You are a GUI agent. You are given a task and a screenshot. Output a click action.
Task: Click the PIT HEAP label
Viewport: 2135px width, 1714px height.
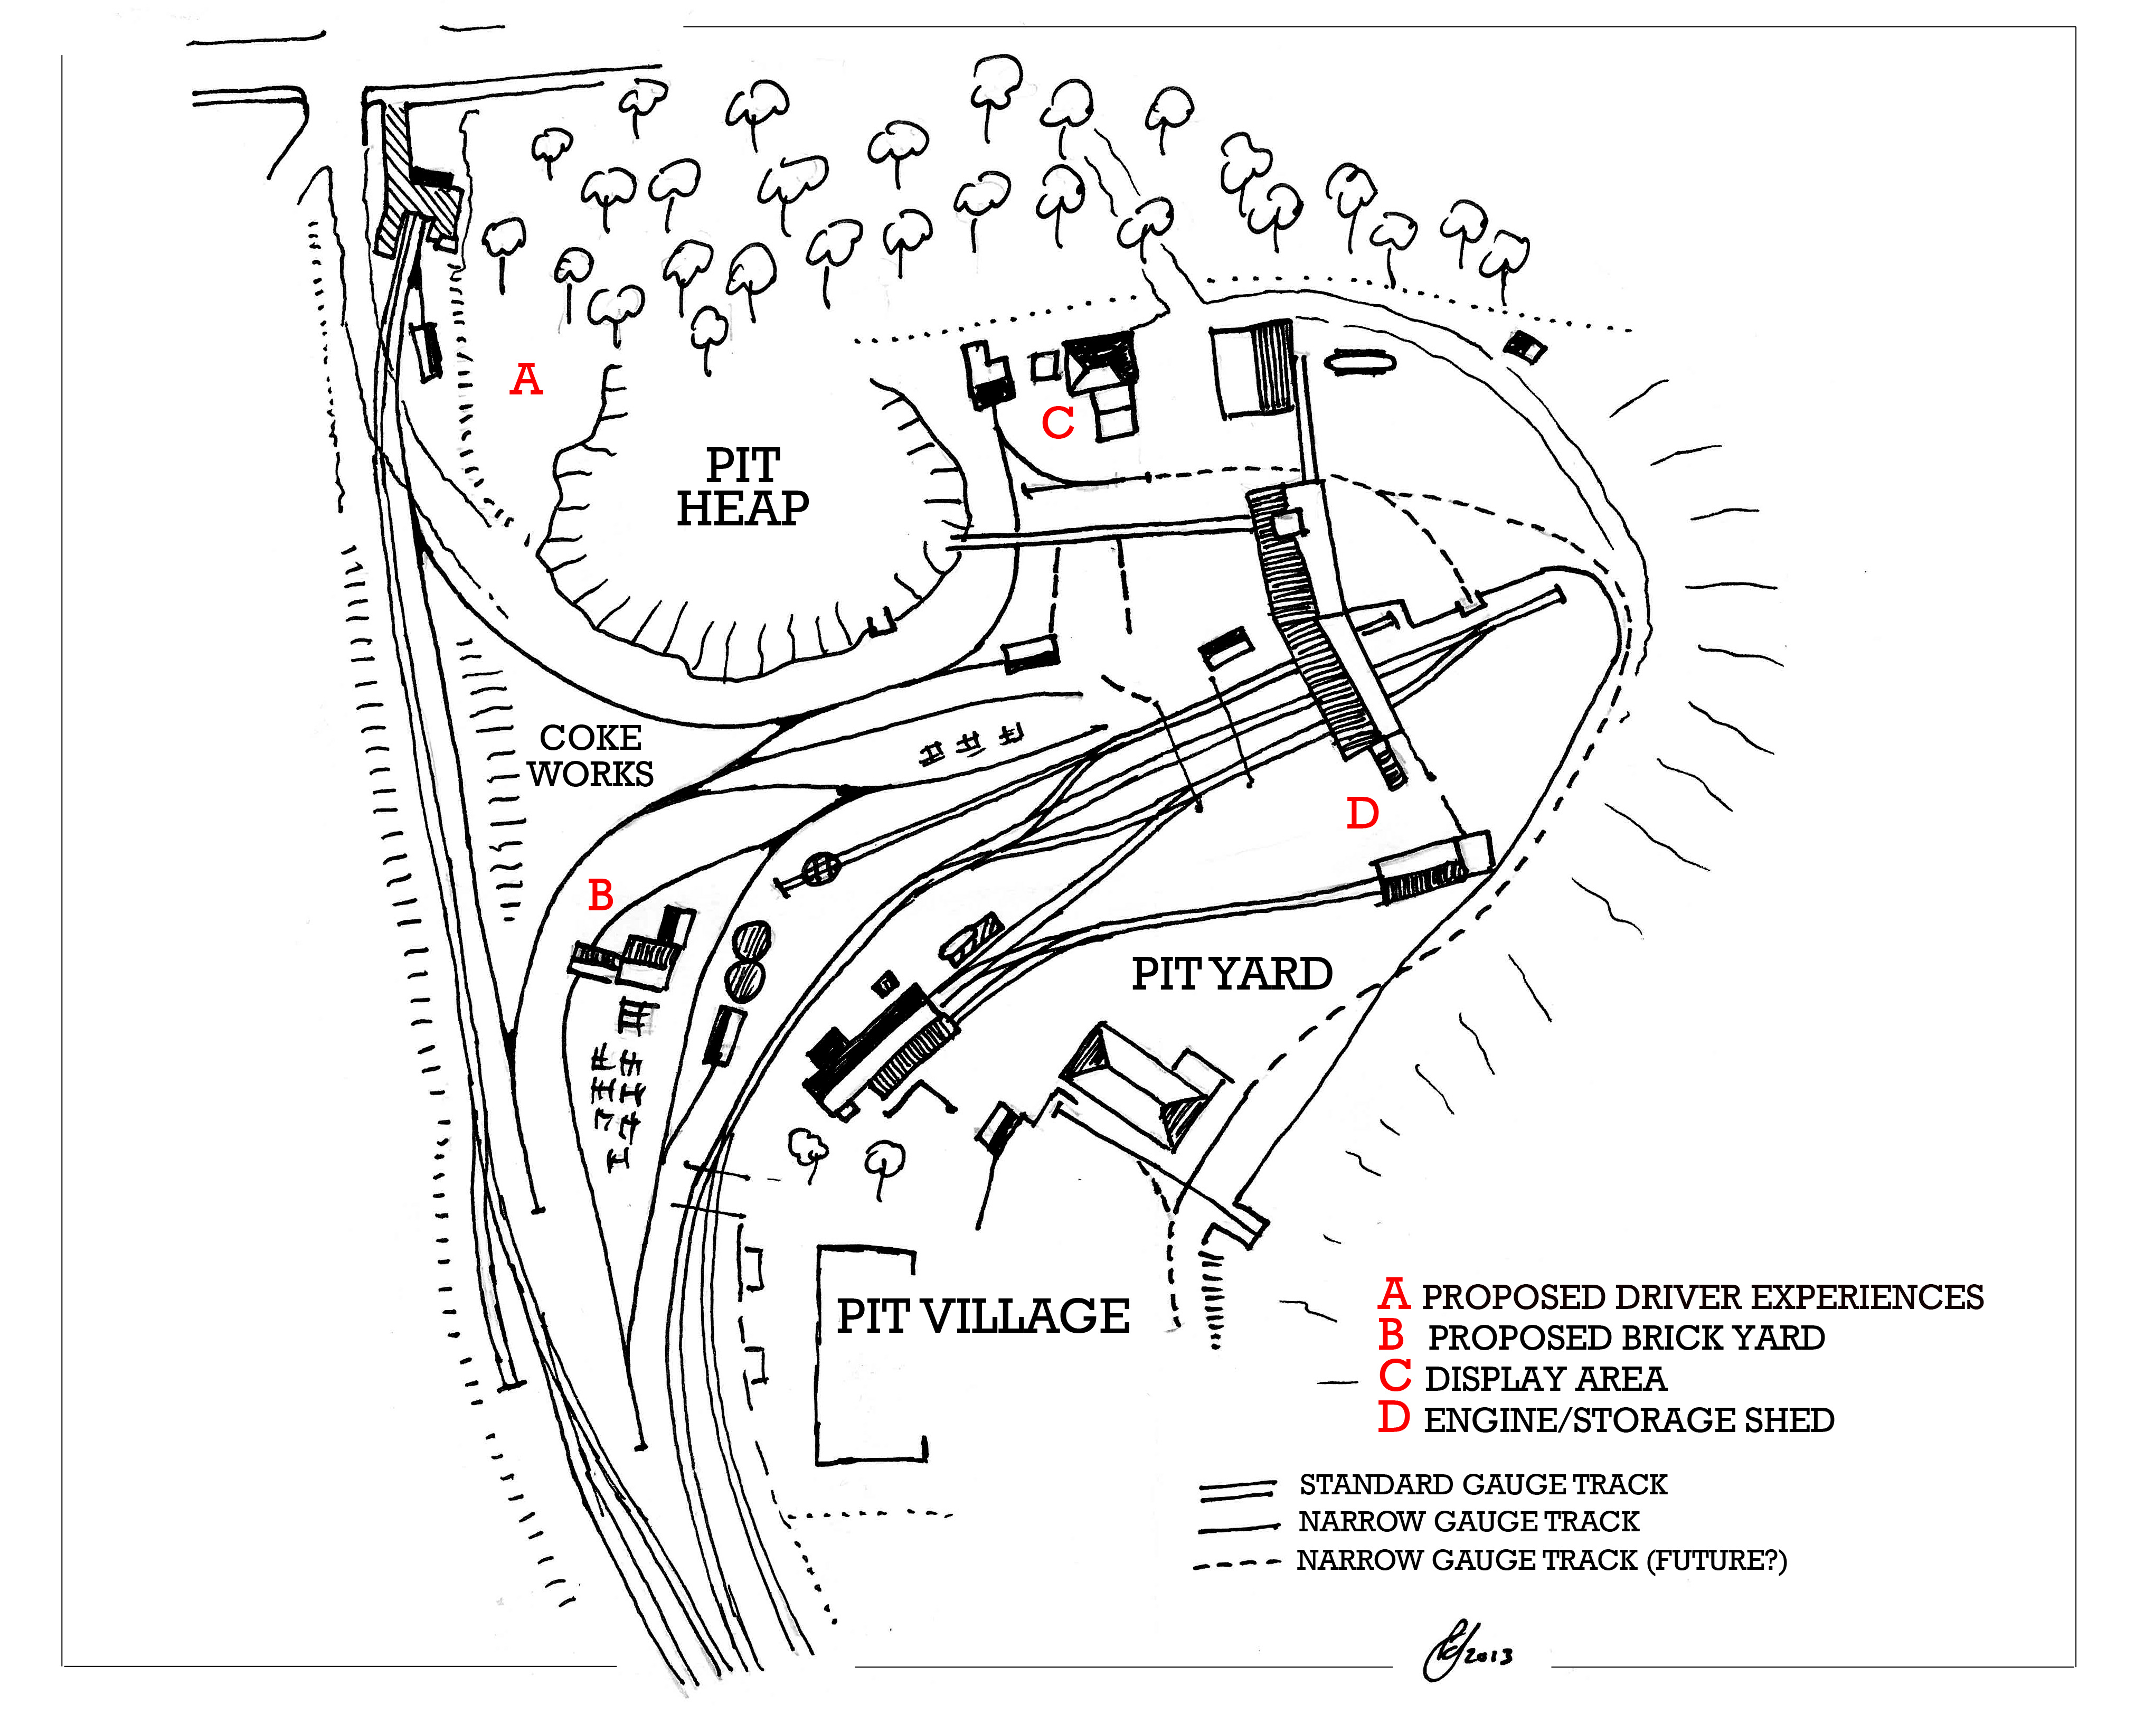point(743,487)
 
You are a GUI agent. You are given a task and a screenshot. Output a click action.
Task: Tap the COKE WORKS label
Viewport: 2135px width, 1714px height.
point(591,756)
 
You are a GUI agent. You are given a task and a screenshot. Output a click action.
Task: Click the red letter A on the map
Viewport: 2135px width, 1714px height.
point(526,379)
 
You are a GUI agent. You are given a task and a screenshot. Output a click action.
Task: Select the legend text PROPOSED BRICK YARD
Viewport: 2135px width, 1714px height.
point(1626,1338)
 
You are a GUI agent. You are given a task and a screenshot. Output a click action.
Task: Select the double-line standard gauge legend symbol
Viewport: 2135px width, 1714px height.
point(1237,1487)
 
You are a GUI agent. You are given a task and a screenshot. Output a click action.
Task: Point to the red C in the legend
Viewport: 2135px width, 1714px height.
point(1394,1377)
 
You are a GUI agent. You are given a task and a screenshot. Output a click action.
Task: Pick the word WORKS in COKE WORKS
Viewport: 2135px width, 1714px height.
point(591,774)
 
